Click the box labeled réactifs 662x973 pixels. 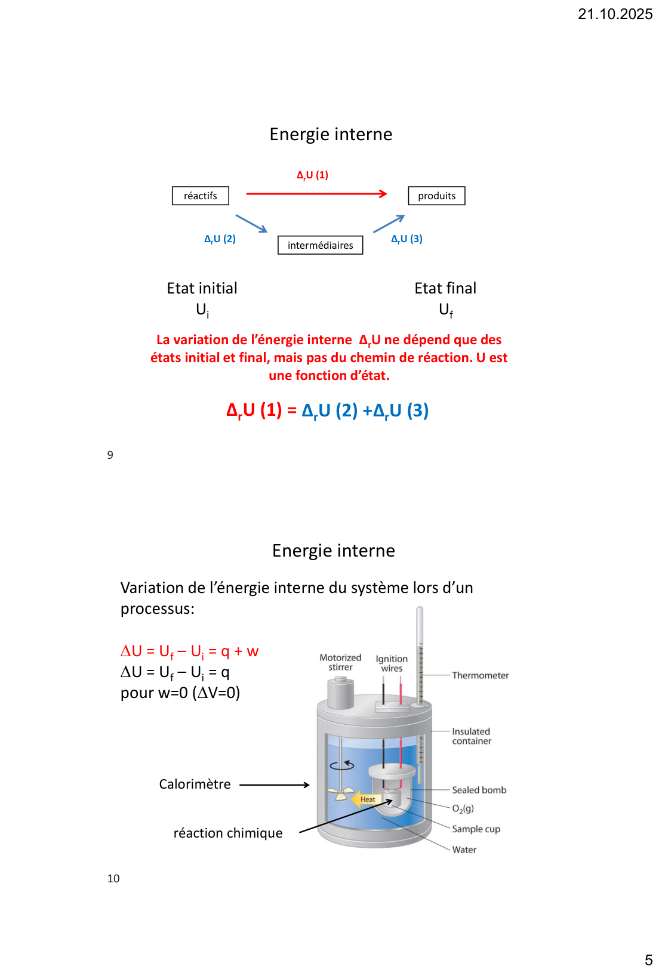201,196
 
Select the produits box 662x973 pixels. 436,196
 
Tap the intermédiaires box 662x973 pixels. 320,245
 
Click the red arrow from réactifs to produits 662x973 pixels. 316,193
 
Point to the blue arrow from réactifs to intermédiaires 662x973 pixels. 251,224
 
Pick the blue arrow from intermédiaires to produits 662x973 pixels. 389,224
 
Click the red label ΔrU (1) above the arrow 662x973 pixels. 313,175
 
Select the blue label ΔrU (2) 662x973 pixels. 220,239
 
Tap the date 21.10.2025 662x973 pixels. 615,14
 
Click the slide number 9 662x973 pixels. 110,455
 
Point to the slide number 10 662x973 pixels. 113,879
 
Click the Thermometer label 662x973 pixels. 480,675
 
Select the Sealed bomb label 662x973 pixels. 479,790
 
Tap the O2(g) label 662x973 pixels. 463,809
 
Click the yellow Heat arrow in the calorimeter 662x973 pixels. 365,799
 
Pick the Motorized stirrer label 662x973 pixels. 340,662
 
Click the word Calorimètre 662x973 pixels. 195,784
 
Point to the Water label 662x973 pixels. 464,850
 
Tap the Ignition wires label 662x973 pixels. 392,663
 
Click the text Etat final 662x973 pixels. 445,289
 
